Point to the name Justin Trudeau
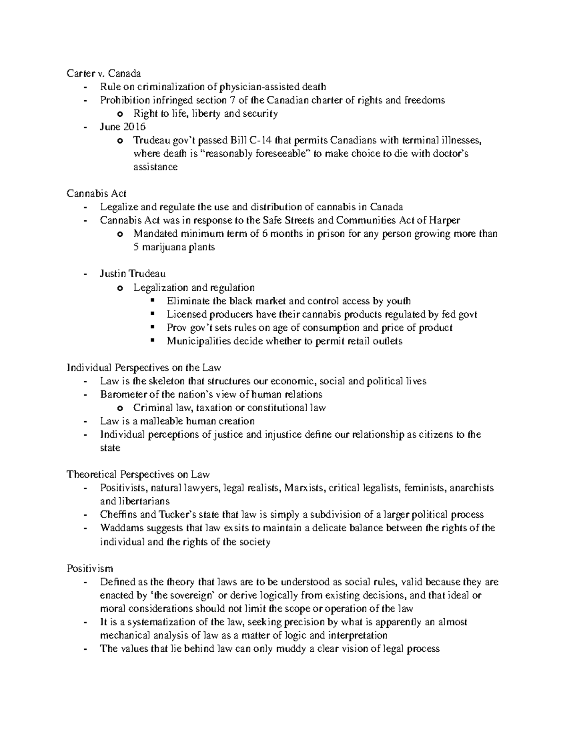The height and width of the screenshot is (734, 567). pos(132,274)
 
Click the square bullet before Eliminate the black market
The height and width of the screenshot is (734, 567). pos(152,301)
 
